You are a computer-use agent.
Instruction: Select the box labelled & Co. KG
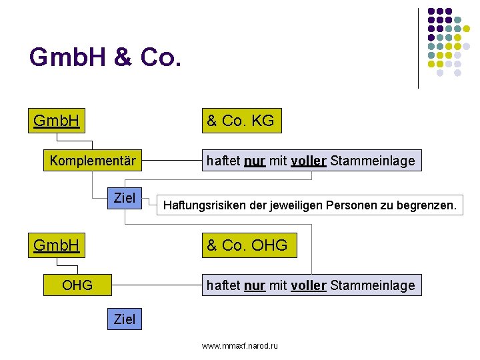click(x=239, y=121)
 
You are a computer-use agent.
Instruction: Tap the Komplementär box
click(x=93, y=161)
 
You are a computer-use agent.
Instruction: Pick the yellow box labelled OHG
click(x=77, y=286)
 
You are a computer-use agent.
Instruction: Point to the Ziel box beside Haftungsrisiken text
click(x=125, y=198)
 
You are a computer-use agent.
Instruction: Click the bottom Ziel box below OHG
click(x=125, y=319)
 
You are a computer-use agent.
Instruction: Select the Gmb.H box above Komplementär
click(x=57, y=121)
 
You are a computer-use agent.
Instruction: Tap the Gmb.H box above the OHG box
click(x=57, y=245)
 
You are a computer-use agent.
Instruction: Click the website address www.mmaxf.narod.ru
click(x=240, y=345)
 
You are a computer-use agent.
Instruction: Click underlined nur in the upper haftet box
click(x=253, y=161)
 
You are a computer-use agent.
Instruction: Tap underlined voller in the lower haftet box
click(x=309, y=285)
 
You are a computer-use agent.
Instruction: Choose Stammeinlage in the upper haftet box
click(x=373, y=161)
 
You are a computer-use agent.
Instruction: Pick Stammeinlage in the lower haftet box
click(x=373, y=285)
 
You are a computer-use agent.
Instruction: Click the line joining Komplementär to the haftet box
click(x=172, y=161)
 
